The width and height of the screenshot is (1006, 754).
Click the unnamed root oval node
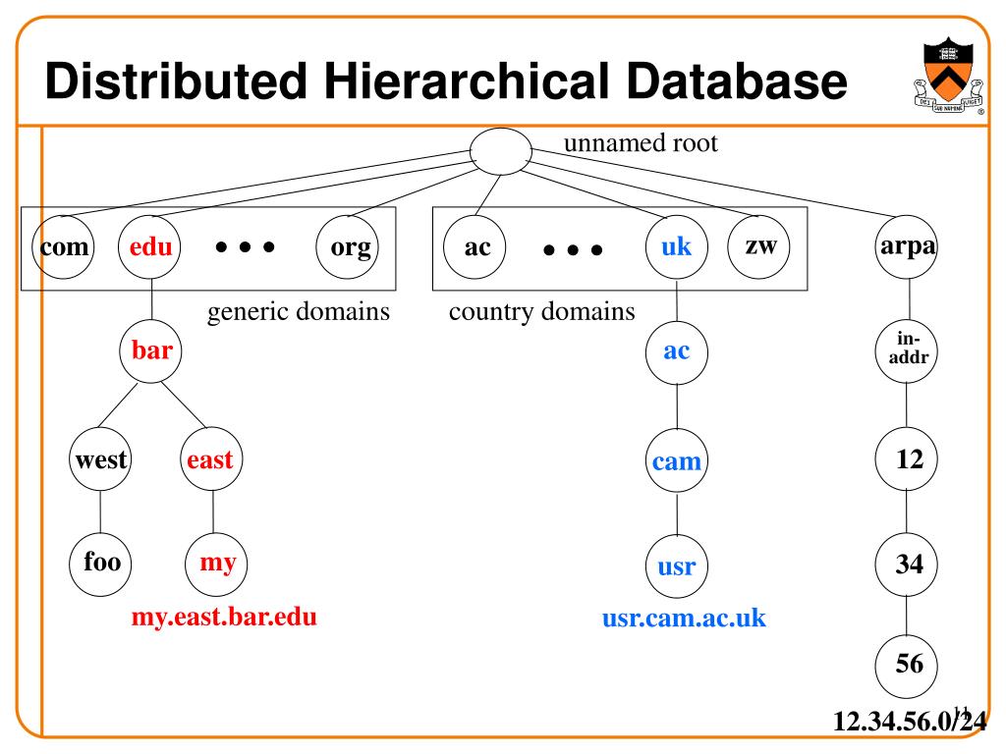pyautogui.click(x=500, y=151)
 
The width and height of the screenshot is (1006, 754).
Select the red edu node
pyautogui.click(x=150, y=247)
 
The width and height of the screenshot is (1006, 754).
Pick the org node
pyautogui.click(x=350, y=247)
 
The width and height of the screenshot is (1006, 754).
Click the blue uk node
pyautogui.click(x=676, y=247)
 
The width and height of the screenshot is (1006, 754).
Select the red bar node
pyautogui.click(x=151, y=350)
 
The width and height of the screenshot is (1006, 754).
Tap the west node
pyautogui.click(x=101, y=458)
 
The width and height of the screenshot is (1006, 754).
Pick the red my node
pyautogui.click(x=217, y=564)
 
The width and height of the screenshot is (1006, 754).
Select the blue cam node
pyautogui.click(x=677, y=460)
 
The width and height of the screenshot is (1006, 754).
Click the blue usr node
pyautogui.click(x=677, y=566)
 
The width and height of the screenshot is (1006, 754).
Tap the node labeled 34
pyautogui.click(x=906, y=564)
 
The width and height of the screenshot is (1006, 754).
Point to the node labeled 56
pyautogui.click(x=906, y=664)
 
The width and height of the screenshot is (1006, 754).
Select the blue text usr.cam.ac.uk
pyautogui.click(x=684, y=619)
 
